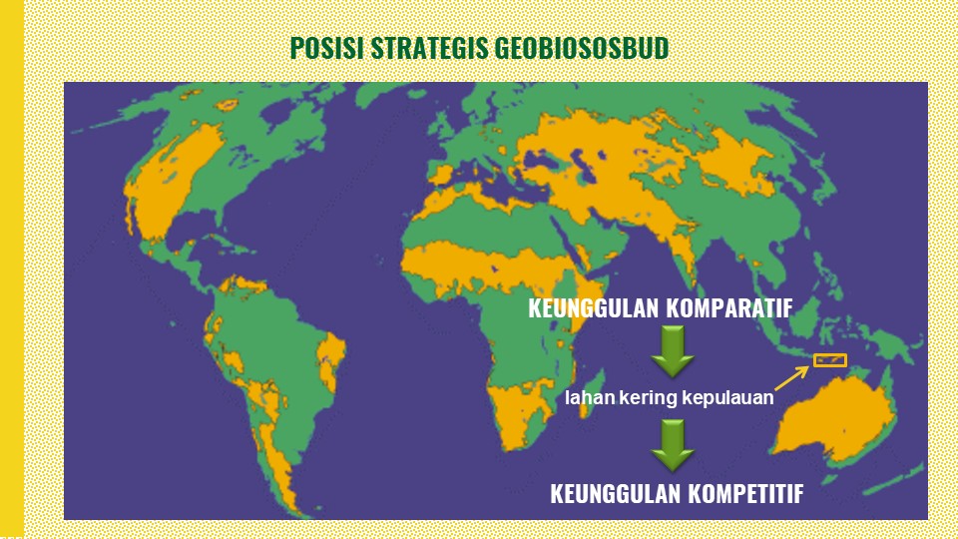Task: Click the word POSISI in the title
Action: [327, 48]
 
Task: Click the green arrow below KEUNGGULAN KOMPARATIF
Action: [672, 350]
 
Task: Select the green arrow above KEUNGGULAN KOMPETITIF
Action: [672, 445]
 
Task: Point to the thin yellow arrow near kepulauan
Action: [792, 378]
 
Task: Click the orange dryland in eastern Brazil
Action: [331, 360]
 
